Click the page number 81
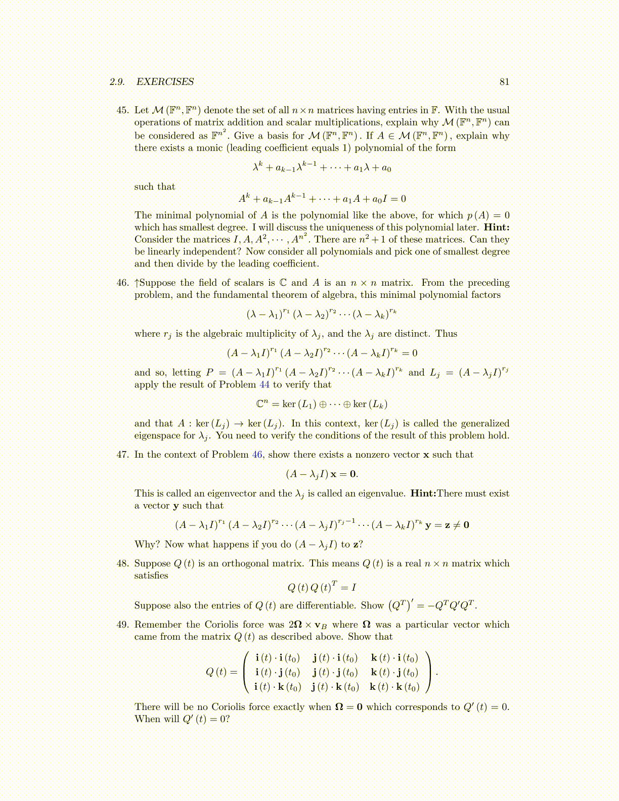tap(504, 82)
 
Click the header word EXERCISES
tap(165, 82)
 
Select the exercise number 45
tap(122, 110)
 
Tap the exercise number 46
tap(122, 283)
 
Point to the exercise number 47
tap(122, 455)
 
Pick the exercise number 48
tap(122, 563)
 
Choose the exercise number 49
tap(122, 625)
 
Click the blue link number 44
tap(264, 385)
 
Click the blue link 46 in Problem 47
tap(257, 455)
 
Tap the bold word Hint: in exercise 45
tap(496, 228)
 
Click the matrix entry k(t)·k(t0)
tap(394, 687)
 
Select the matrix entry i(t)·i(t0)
tap(278, 658)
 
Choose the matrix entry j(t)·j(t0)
tap(335, 673)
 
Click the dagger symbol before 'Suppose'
tap(137, 283)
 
